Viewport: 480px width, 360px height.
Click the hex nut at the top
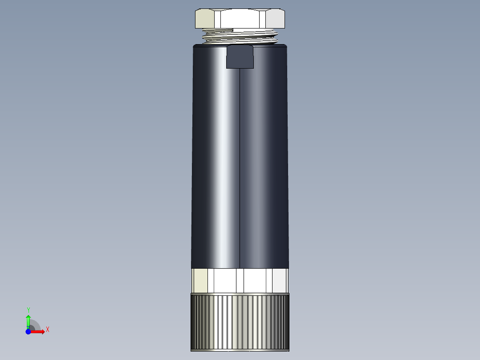pos(240,19)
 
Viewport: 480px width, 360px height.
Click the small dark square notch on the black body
pos(240,57)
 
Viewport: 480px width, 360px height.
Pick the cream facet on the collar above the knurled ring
pos(199,280)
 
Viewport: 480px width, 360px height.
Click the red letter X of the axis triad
pos(48,330)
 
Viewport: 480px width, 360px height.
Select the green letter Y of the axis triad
pos(28,310)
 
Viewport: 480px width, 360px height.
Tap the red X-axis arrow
pos(38,331)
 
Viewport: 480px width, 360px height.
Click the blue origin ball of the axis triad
pos(28,331)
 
